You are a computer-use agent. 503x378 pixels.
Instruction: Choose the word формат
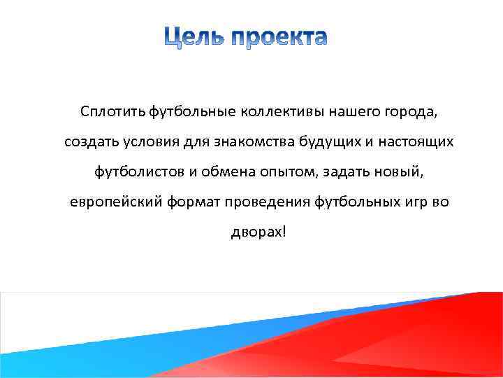pos(191,202)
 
